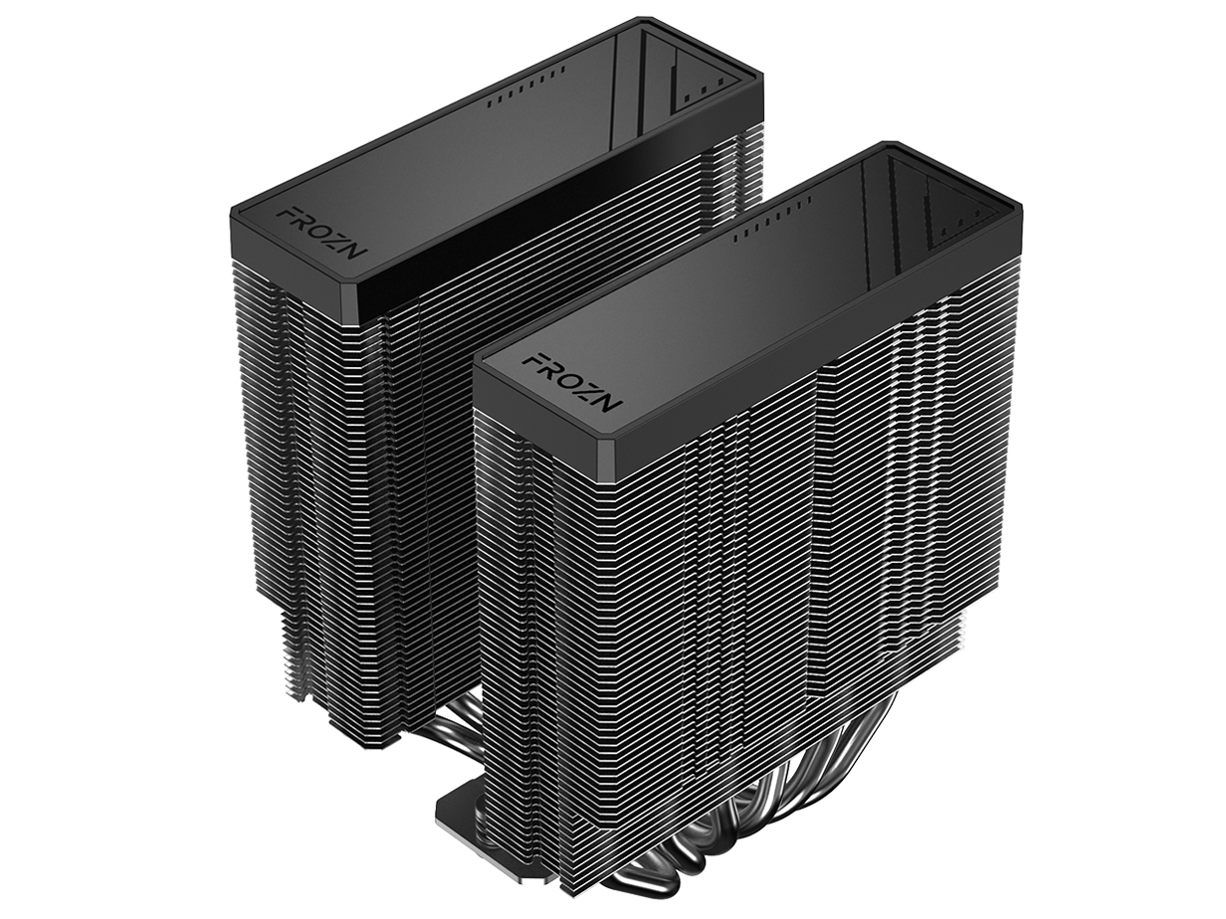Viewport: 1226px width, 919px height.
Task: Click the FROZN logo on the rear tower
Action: (320, 230)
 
